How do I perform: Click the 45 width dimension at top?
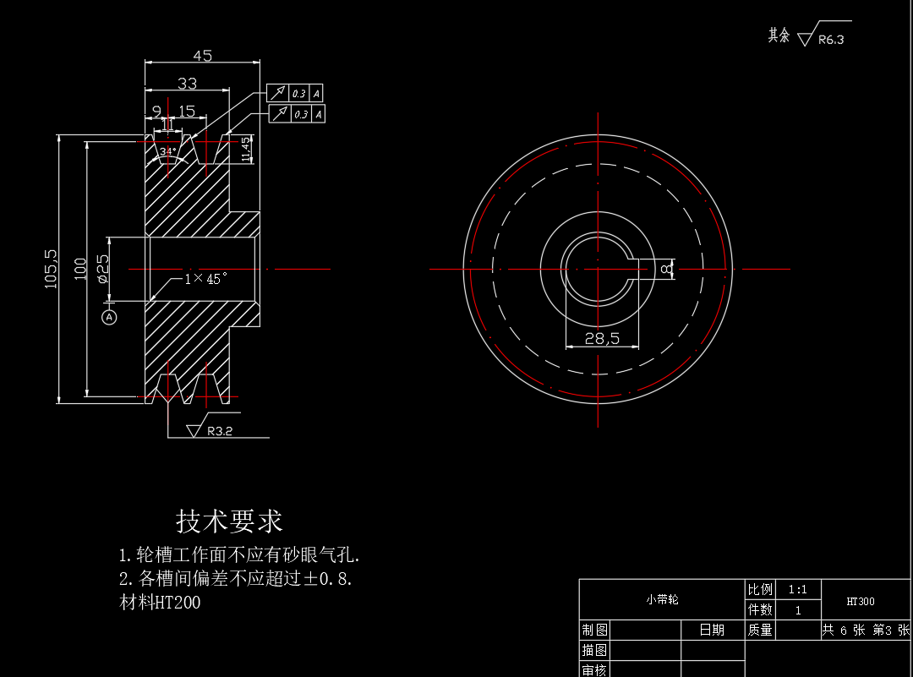tap(203, 56)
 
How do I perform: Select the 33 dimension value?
tap(187, 83)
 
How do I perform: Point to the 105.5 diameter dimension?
tap(51, 268)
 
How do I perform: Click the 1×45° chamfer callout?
tap(206, 278)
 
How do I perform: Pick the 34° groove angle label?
tap(168, 152)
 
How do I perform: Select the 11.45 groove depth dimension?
tap(246, 149)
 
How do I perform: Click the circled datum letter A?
tap(109, 317)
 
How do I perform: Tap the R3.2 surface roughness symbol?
tap(219, 431)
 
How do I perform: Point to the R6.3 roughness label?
tap(831, 39)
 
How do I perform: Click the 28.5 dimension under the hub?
tap(603, 338)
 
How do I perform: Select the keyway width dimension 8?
tap(666, 269)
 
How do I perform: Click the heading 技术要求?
tap(229, 520)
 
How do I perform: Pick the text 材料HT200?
tap(160, 603)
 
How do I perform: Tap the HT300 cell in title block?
tap(861, 602)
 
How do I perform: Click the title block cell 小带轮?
tap(662, 599)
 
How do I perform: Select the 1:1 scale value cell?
tap(797, 590)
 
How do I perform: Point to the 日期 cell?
tap(712, 630)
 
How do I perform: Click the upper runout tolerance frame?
tap(296, 93)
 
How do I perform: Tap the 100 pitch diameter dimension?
tap(81, 268)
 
